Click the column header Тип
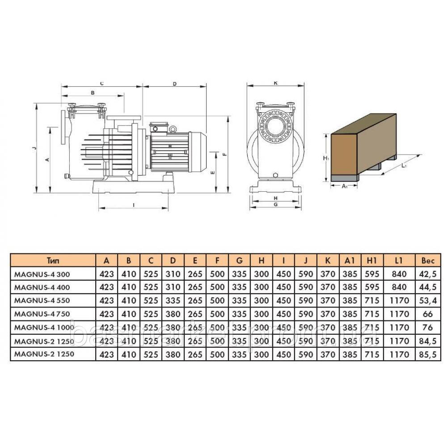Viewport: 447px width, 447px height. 53,261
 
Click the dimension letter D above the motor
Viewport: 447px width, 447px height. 174,84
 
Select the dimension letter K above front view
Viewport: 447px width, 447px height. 276,83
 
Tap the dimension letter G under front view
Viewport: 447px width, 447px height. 276,204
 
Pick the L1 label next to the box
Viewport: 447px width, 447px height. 404,166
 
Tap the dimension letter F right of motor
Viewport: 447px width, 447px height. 225,154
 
